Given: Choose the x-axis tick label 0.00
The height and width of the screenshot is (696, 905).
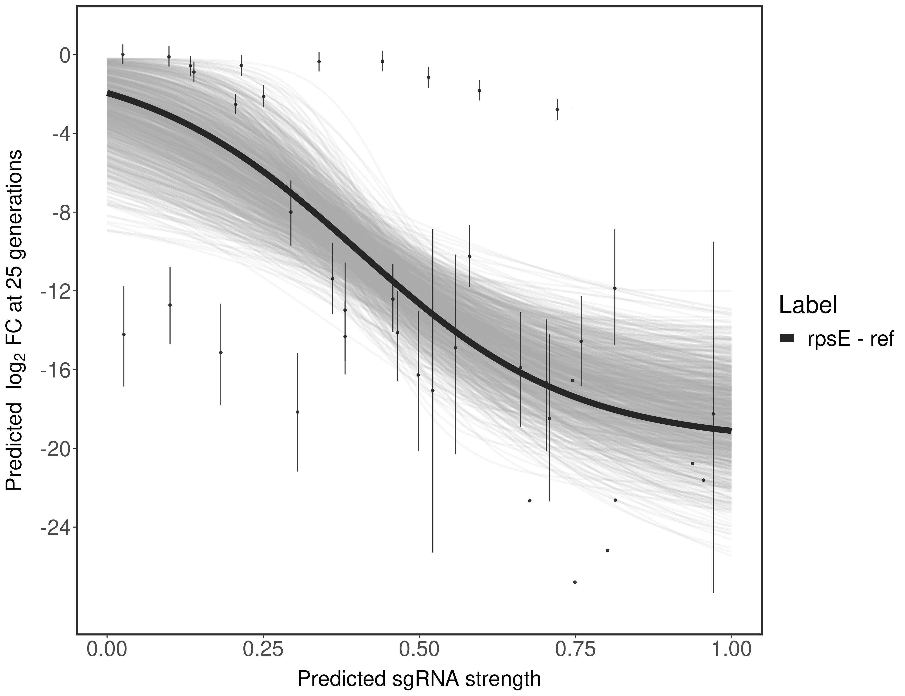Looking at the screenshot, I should [x=107, y=649].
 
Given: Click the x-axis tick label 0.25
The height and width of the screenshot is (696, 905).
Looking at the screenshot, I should [x=263, y=649].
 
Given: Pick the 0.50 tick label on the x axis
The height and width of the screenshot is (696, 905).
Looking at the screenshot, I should [x=419, y=649].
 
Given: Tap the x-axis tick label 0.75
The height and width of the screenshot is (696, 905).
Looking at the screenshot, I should [x=575, y=649].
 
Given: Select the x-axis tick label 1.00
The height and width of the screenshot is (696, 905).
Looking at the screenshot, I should [x=731, y=649].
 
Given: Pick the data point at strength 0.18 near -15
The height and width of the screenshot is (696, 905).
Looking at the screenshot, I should [x=221, y=353].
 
